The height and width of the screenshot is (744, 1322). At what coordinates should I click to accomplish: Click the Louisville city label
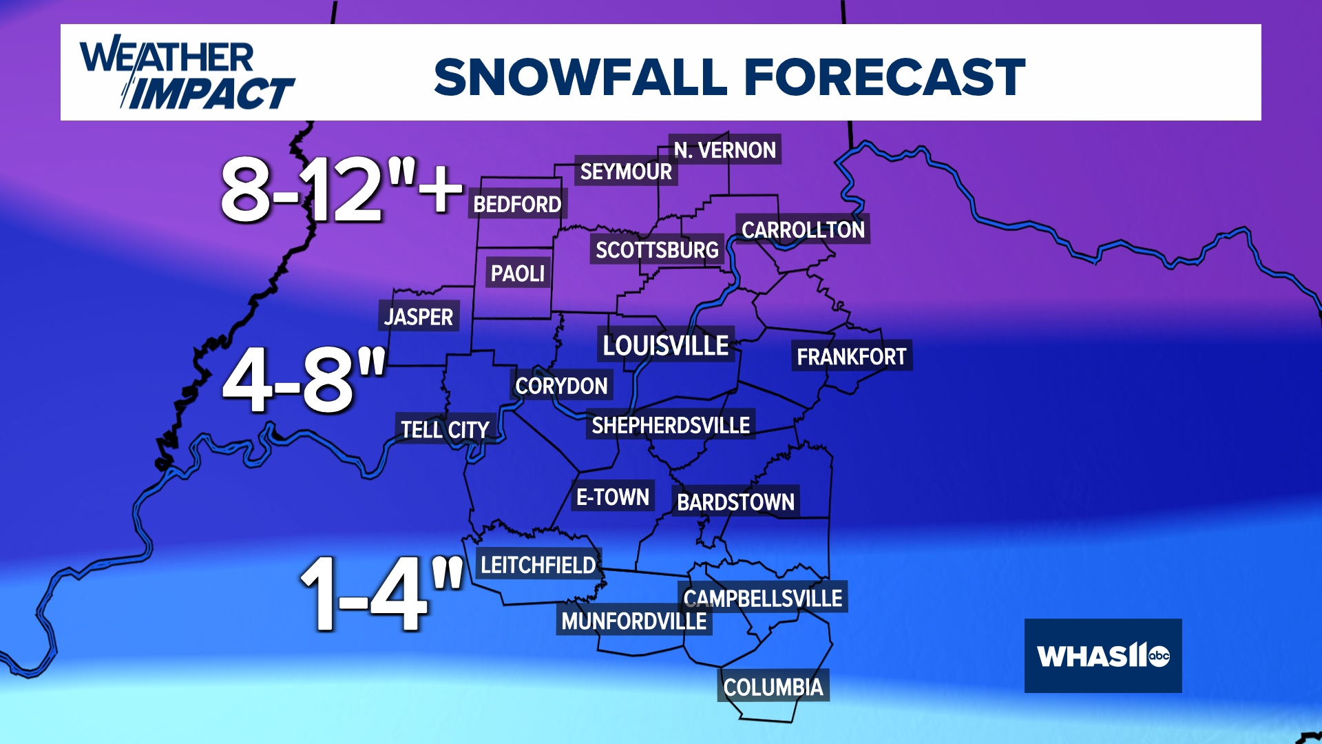(x=666, y=345)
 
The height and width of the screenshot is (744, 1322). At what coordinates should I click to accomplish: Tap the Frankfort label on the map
(x=852, y=356)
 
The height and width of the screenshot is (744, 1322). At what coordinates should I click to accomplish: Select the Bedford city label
(x=517, y=204)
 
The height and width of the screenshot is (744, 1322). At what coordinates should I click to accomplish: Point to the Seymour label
(x=626, y=172)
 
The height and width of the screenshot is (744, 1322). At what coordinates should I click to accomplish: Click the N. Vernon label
(x=724, y=149)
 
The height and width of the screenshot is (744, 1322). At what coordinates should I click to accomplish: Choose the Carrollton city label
(x=803, y=229)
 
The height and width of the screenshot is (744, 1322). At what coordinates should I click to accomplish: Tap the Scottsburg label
(x=657, y=249)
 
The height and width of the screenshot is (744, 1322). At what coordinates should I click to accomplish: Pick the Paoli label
(x=518, y=273)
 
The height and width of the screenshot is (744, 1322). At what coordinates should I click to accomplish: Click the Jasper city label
(x=419, y=316)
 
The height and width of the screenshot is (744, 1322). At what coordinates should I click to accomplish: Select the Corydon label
(x=561, y=386)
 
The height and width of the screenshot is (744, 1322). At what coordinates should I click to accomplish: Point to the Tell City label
(x=445, y=429)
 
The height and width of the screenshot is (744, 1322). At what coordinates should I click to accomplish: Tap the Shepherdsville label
(x=671, y=425)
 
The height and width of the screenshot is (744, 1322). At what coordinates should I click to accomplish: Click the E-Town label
(x=613, y=497)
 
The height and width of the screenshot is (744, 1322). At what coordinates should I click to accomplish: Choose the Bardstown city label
(x=735, y=502)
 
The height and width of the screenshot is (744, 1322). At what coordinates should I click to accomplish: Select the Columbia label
(x=773, y=687)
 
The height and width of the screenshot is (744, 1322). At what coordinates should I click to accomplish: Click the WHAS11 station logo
(x=1103, y=656)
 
